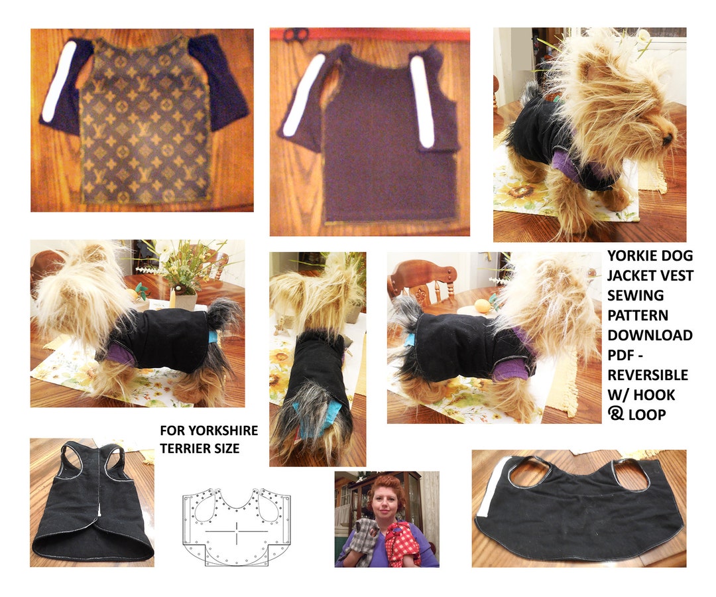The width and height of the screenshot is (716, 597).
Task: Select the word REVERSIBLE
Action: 648,375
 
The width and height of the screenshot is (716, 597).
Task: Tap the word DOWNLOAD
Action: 649,335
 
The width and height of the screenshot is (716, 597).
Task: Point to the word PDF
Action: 623,355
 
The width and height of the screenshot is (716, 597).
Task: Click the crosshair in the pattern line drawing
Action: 237,531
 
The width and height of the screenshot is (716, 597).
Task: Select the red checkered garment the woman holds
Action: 404,543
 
